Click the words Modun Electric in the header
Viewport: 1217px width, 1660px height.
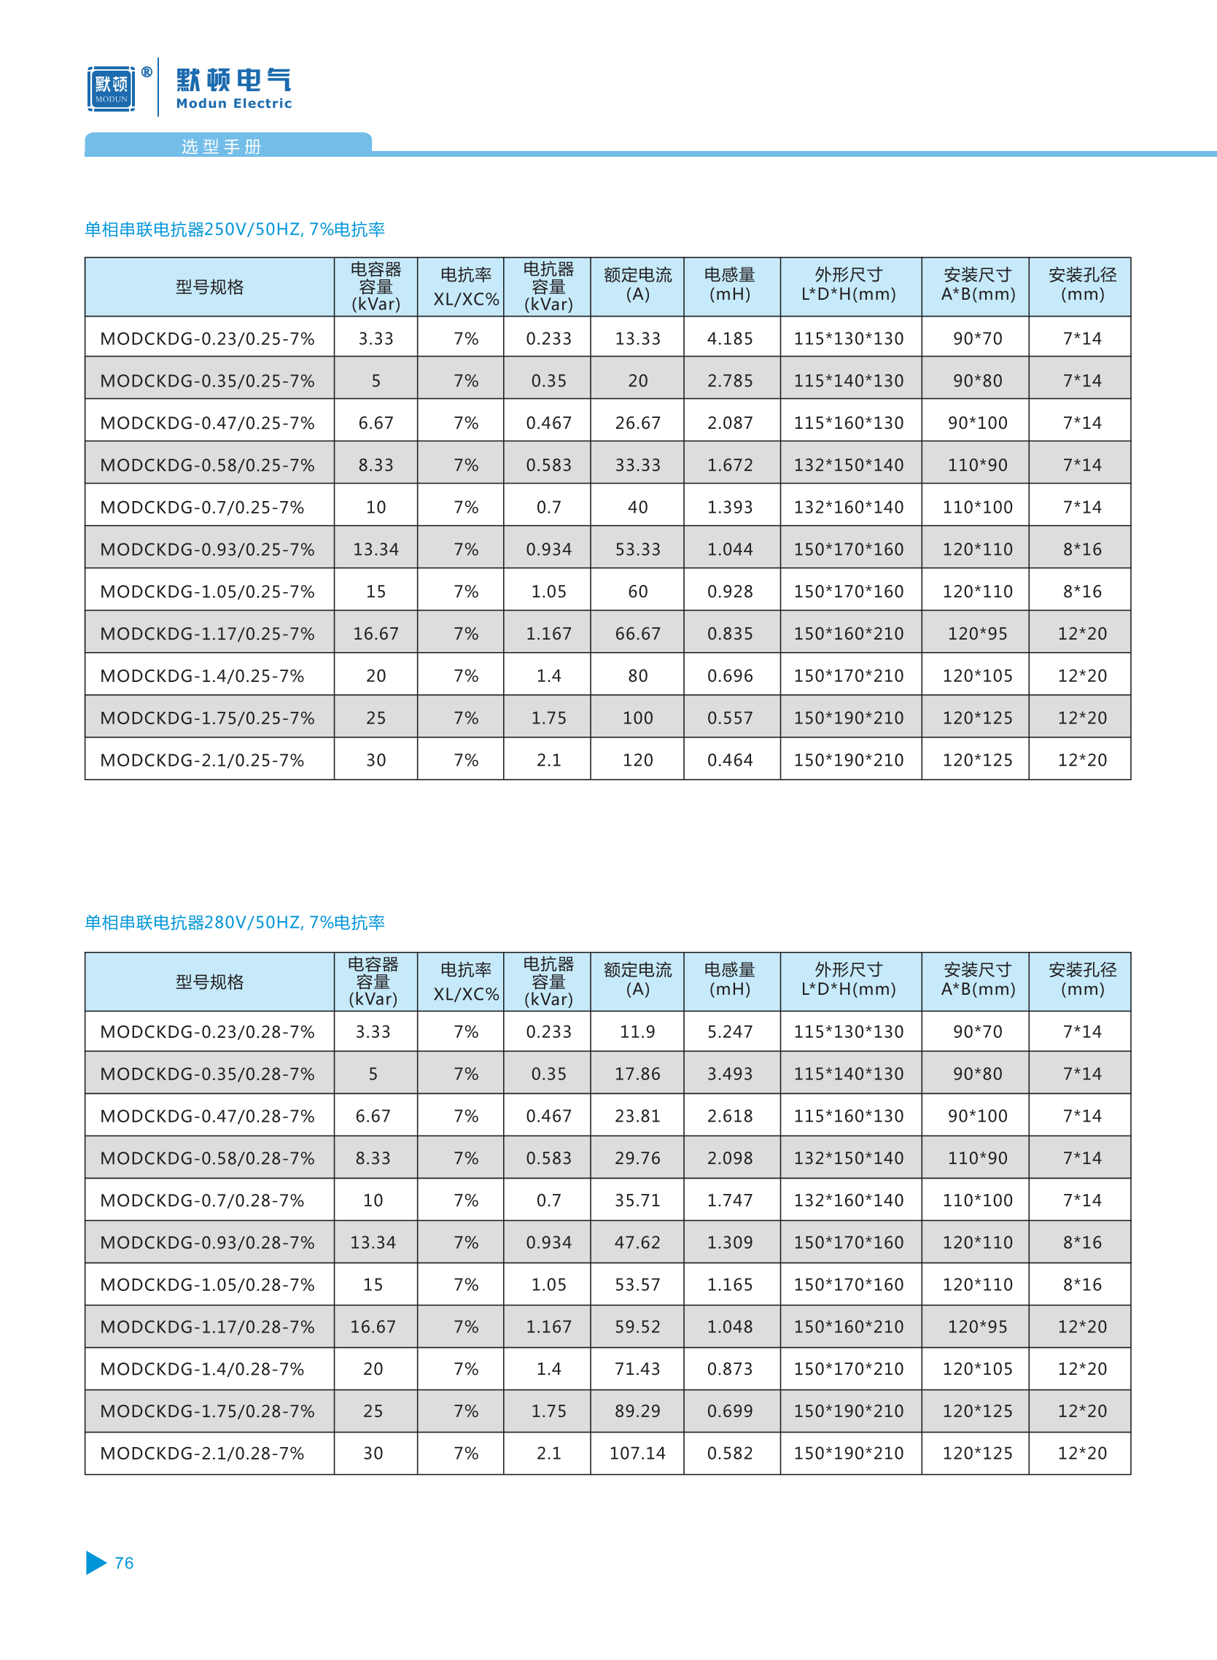coord(233,104)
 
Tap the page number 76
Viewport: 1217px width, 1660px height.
coord(124,1563)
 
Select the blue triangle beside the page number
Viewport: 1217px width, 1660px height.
coord(96,1563)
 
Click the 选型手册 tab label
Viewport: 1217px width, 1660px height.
coord(221,147)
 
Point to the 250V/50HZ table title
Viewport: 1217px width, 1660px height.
coord(234,229)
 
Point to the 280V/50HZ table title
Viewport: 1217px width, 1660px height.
coord(234,923)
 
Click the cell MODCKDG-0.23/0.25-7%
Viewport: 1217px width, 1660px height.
coord(207,338)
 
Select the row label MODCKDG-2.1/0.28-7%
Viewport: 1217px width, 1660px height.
coord(202,1453)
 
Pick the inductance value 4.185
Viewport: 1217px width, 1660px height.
coord(730,338)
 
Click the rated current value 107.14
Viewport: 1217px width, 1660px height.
coord(637,1453)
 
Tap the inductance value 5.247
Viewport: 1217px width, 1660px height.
coord(730,1031)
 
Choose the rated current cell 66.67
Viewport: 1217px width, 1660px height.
coord(637,634)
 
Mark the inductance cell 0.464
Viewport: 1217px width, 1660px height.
coord(730,760)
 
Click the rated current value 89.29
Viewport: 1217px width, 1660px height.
coord(637,1411)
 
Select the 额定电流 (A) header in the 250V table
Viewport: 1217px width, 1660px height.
coord(637,285)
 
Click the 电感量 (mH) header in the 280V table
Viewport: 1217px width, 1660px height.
coord(730,980)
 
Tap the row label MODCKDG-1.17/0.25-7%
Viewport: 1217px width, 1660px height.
coord(207,634)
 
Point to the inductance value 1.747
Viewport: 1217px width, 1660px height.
coord(730,1201)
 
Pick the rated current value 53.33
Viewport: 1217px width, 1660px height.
coord(637,549)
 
